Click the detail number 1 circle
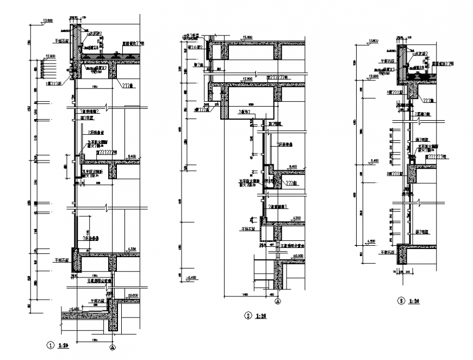49,344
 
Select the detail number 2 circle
248,315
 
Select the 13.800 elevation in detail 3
372,40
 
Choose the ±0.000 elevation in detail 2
295,256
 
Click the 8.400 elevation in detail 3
374,160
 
